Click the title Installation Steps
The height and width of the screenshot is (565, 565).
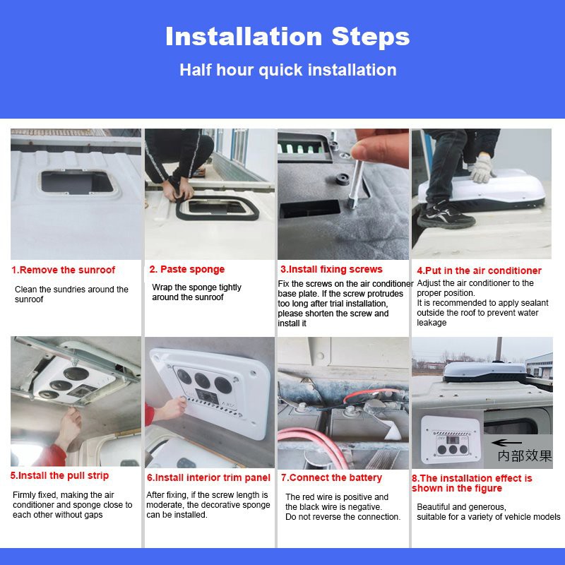tap(287, 37)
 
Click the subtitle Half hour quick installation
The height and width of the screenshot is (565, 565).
tap(287, 70)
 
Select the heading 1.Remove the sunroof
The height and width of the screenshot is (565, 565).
tap(63, 270)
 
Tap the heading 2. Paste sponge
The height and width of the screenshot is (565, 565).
tap(186, 269)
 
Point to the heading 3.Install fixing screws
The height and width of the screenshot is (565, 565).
tap(331, 269)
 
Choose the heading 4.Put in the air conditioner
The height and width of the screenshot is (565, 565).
tap(479, 270)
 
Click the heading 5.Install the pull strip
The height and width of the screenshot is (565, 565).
tap(59, 476)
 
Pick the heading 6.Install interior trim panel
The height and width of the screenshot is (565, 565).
tap(208, 477)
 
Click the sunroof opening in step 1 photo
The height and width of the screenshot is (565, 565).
tap(71, 182)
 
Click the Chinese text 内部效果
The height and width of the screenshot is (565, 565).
tap(525, 456)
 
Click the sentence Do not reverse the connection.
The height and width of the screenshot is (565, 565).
tap(343, 517)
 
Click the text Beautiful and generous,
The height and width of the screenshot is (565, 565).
tap(461, 507)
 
